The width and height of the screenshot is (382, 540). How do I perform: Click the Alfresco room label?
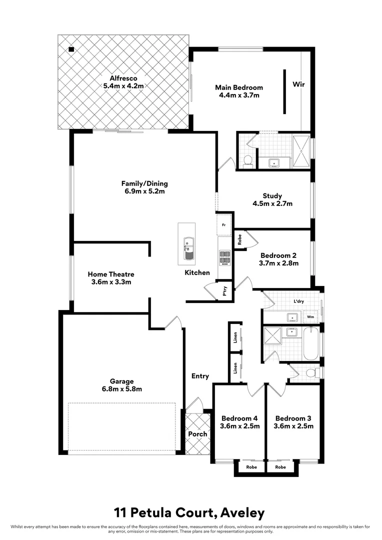click(x=123, y=78)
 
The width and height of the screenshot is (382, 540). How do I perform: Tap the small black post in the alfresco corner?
click(x=71, y=49)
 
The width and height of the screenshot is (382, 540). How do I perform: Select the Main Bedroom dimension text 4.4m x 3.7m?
click(x=239, y=95)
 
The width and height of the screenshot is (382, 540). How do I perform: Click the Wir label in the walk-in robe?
click(x=298, y=84)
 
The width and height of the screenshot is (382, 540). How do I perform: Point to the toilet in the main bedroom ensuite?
click(x=246, y=160)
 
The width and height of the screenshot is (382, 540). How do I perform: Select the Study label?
click(x=272, y=196)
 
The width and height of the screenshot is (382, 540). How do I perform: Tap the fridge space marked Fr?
click(x=223, y=224)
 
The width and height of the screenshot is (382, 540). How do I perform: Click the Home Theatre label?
click(x=111, y=274)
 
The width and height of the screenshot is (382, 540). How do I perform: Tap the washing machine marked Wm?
click(x=310, y=317)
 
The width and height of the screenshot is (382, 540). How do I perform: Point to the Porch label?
click(x=197, y=434)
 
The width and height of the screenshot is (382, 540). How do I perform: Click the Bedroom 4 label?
click(x=239, y=418)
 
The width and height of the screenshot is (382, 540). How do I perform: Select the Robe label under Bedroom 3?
click(x=280, y=467)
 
